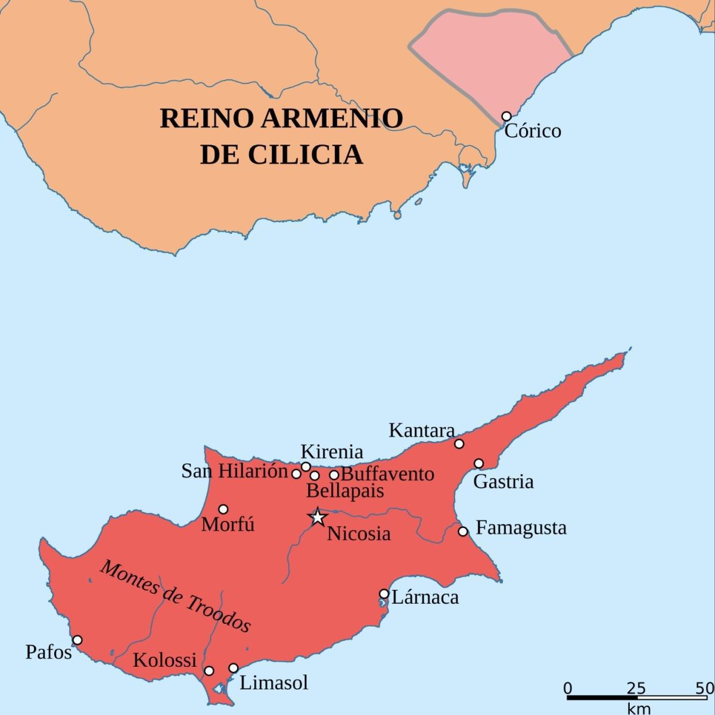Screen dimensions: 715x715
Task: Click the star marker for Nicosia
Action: (317, 517)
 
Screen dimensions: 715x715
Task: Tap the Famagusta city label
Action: (521, 528)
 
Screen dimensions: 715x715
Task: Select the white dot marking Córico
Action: (506, 116)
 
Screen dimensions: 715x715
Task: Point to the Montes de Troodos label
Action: (175, 596)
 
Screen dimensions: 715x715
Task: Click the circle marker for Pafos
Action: (77, 640)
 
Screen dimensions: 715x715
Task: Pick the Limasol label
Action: (273, 682)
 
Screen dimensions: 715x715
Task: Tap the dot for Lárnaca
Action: (384, 594)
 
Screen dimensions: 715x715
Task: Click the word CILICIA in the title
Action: (305, 154)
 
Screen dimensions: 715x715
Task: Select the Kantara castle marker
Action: (459, 444)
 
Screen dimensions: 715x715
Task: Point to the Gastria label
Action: (503, 481)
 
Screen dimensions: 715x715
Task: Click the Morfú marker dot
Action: (223, 509)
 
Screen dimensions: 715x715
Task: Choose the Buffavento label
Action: (387, 474)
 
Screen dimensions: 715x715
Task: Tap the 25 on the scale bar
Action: (636, 689)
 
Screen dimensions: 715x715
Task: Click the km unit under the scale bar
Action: (638, 708)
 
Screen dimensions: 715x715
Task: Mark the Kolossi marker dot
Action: (209, 671)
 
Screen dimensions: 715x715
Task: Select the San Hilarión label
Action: (235, 472)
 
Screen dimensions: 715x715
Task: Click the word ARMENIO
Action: (332, 118)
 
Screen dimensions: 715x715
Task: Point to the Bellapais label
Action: (345, 491)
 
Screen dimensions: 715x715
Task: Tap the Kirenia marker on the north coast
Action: (306, 467)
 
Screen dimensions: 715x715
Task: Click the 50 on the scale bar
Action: (704, 689)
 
